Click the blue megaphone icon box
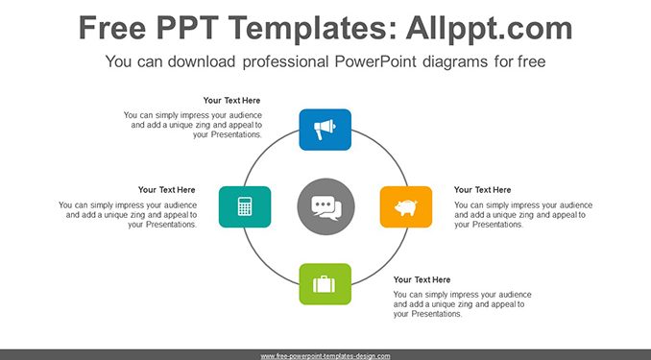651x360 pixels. (325, 130)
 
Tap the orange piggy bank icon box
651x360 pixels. (406, 206)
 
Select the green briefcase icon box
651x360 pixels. (325, 284)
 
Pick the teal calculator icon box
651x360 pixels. (245, 206)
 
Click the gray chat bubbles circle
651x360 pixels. (325, 206)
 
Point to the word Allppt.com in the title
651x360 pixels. (489, 28)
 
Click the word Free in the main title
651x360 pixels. (112, 28)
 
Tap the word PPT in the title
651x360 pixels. (187, 28)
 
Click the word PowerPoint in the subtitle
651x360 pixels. (375, 61)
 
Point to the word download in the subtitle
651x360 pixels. (202, 61)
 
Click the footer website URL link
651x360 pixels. (325, 356)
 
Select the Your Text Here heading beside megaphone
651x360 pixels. (231, 101)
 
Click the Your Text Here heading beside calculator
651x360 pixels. (166, 190)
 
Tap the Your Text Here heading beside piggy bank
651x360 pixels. (482, 190)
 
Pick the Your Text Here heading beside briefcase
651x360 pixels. (422, 279)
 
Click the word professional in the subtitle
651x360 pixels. (285, 61)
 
